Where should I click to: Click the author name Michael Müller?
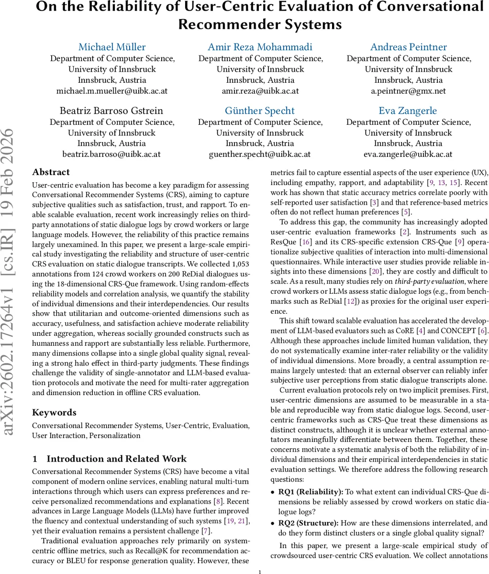(112, 47)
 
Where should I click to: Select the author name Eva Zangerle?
(408, 110)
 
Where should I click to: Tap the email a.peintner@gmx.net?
(409, 90)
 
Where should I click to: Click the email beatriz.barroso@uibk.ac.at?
(111, 154)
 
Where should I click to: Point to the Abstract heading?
(51, 172)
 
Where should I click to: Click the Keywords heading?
(54, 412)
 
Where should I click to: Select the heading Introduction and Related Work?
(116, 459)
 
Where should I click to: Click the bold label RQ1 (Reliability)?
(311, 492)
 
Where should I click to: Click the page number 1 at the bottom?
(259, 571)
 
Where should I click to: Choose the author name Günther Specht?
(260, 110)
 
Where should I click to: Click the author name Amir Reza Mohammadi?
(260, 47)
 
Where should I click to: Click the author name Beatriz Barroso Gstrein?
(111, 110)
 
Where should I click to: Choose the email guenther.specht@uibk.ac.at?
(260, 154)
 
